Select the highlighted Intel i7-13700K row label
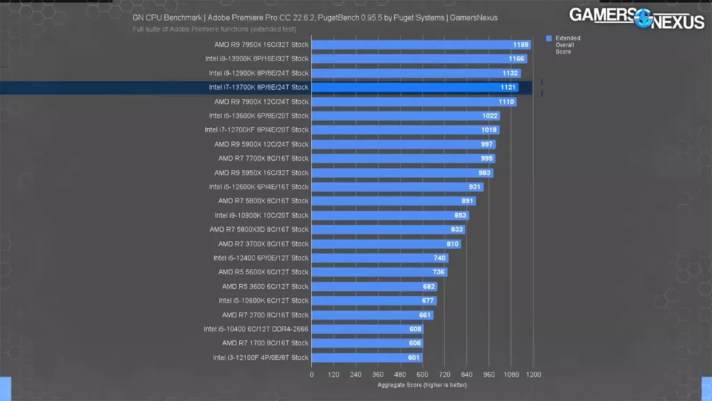point(259,88)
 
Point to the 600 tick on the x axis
point(422,374)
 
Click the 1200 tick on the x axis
point(533,374)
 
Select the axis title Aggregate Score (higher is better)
point(422,384)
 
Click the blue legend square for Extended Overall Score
point(549,38)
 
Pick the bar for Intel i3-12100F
point(366,358)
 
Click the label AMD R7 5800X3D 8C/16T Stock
point(259,230)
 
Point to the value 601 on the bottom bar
point(413,358)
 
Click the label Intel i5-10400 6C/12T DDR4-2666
point(256,329)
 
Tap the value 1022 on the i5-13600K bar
point(490,116)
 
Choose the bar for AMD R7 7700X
point(403,159)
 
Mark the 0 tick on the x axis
point(311,374)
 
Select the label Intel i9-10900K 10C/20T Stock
point(261,216)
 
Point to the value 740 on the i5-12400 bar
point(439,258)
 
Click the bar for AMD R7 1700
point(367,343)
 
